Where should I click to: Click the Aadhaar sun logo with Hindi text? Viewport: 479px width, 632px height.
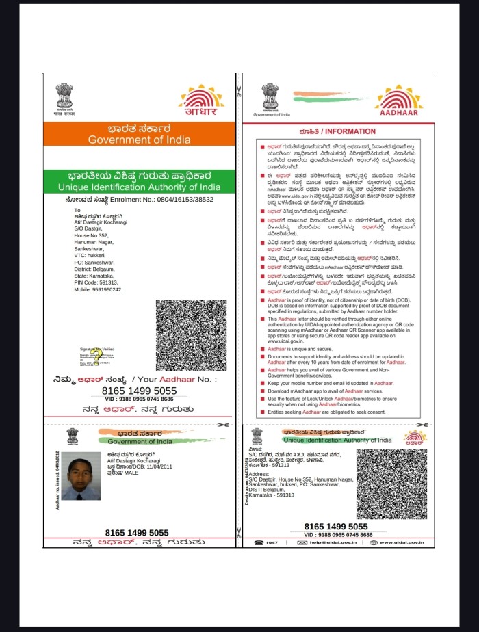(201, 101)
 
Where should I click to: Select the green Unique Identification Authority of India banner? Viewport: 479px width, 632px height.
(140, 187)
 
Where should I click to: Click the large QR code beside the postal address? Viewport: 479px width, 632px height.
(191, 335)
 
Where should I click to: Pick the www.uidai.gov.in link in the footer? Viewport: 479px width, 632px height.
(402, 542)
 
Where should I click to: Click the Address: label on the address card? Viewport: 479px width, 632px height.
(259, 473)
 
